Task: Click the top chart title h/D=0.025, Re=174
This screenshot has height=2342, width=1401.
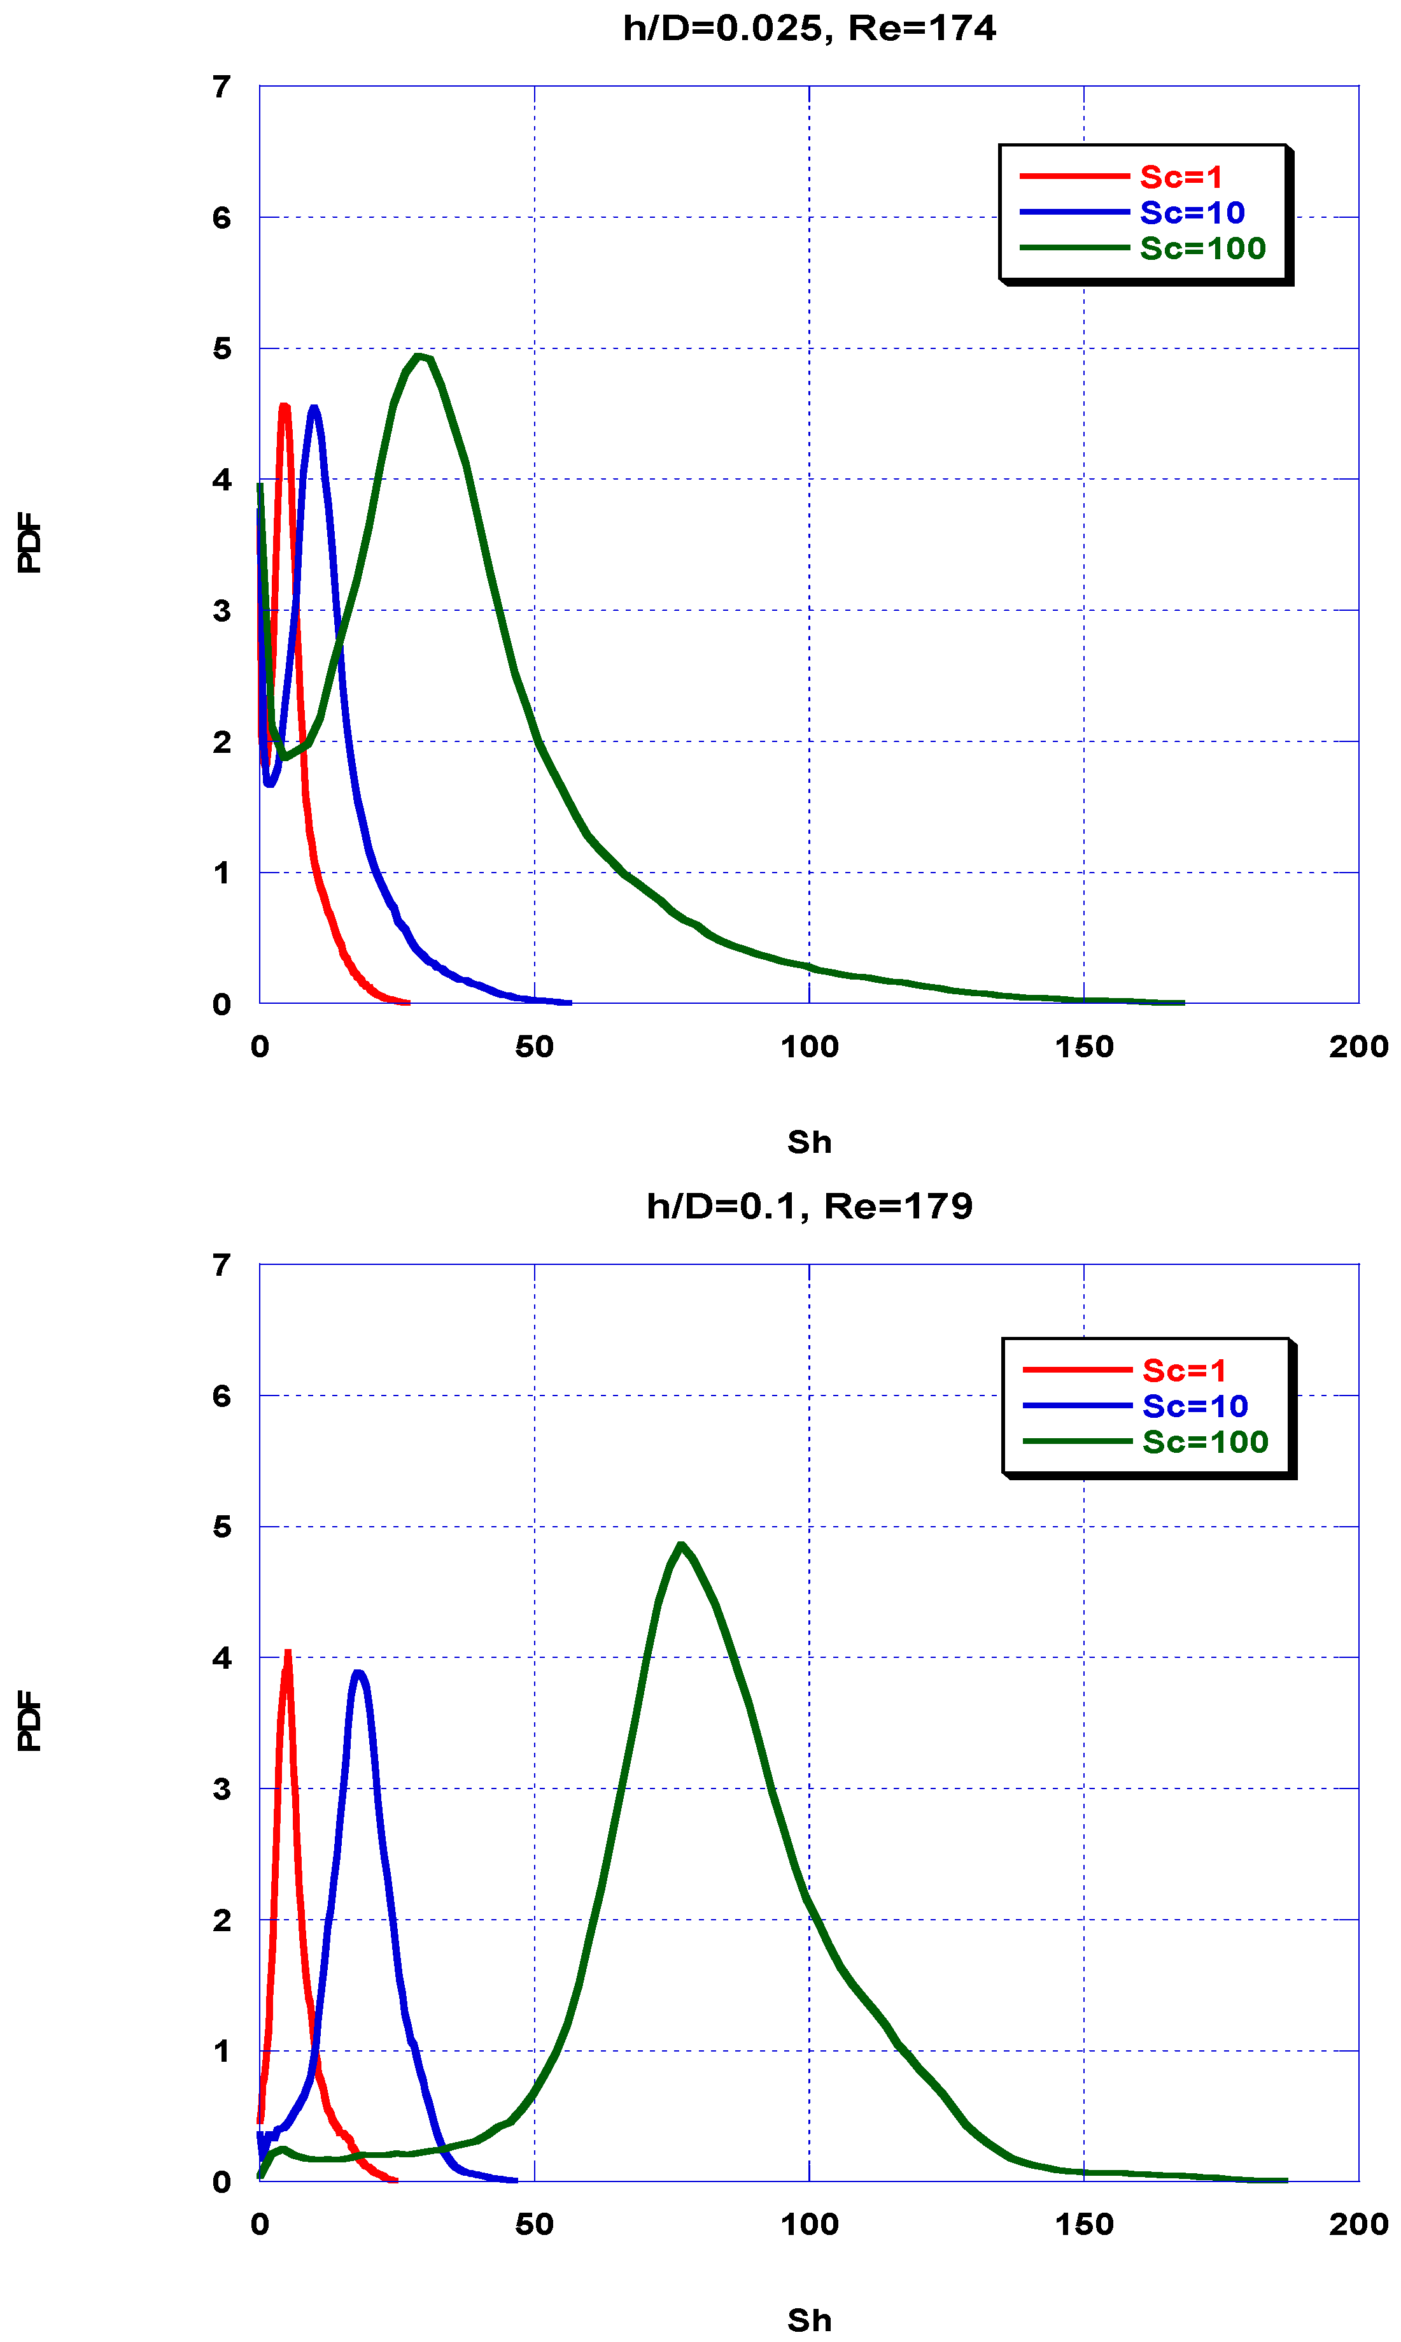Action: [x=809, y=28]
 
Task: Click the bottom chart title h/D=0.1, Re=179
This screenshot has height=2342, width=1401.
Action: [x=809, y=1206]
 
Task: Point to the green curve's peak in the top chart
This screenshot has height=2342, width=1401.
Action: [x=420, y=356]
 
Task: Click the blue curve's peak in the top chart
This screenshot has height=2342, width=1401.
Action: [x=313, y=408]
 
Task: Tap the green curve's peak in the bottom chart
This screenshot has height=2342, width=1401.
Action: [x=680, y=1545]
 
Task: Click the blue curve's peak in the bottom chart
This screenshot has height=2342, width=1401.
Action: [x=358, y=1673]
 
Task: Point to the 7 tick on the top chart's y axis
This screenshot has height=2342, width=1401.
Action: [x=221, y=87]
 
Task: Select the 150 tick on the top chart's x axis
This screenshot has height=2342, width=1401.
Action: [x=1084, y=1046]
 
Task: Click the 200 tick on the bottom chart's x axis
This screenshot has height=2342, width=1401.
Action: [x=1358, y=2224]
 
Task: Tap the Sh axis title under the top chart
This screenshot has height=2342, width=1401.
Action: [x=809, y=1142]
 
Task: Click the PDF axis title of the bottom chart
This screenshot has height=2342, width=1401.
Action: [x=29, y=1720]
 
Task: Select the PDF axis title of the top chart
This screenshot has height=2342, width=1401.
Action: [x=29, y=543]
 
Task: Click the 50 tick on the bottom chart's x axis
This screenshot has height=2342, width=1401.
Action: [x=534, y=2224]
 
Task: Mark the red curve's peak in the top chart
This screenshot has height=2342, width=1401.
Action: [x=284, y=406]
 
